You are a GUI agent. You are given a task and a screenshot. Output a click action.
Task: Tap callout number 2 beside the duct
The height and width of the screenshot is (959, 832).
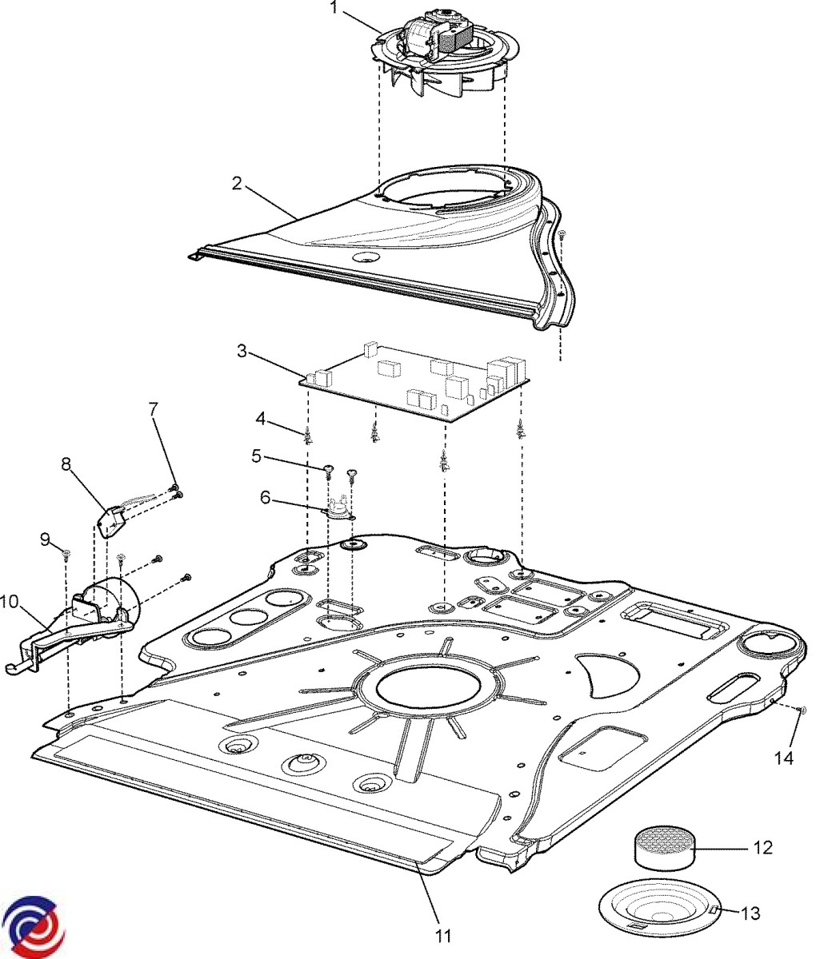tap(237, 183)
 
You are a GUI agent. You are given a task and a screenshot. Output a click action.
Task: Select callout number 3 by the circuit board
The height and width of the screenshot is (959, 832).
tap(242, 350)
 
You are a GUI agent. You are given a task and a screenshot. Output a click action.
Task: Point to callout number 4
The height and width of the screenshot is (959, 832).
tap(261, 417)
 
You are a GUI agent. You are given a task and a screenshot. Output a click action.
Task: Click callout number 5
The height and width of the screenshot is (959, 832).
tap(256, 456)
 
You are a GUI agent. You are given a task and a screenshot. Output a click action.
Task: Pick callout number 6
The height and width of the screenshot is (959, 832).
tap(265, 497)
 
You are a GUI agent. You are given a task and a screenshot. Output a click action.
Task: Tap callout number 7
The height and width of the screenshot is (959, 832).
tap(154, 408)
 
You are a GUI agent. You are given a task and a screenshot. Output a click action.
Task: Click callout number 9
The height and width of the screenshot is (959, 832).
tap(46, 539)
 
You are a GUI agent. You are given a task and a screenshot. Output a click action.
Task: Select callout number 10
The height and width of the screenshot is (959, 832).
tap(10, 601)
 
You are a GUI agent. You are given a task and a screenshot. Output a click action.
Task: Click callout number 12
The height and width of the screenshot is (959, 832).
tap(763, 847)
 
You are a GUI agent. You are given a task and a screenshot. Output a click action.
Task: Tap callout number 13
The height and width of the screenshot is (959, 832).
tap(751, 913)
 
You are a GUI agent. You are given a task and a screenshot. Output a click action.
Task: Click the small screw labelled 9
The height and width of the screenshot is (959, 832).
tap(66, 553)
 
